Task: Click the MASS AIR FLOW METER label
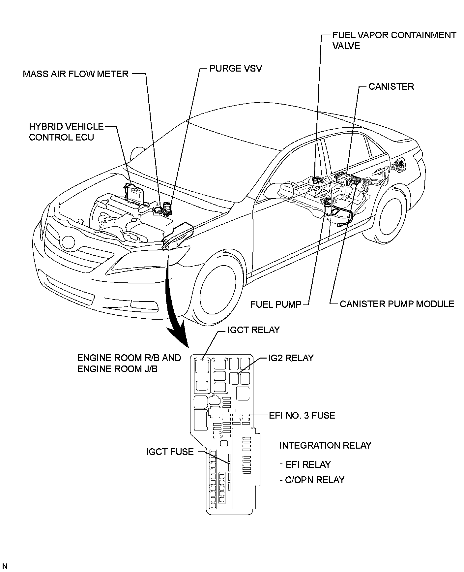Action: (75, 74)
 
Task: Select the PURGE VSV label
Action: (236, 69)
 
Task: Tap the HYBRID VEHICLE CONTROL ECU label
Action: (66, 132)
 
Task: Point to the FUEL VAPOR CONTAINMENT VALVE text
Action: (394, 40)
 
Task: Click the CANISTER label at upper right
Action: (391, 87)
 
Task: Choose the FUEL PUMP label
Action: (276, 304)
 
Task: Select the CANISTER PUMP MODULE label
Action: (397, 304)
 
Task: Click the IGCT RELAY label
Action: (253, 330)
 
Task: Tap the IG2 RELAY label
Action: (291, 358)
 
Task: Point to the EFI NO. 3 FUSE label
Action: (302, 415)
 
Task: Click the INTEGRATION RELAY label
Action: (325, 445)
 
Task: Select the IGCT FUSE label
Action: (170, 452)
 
